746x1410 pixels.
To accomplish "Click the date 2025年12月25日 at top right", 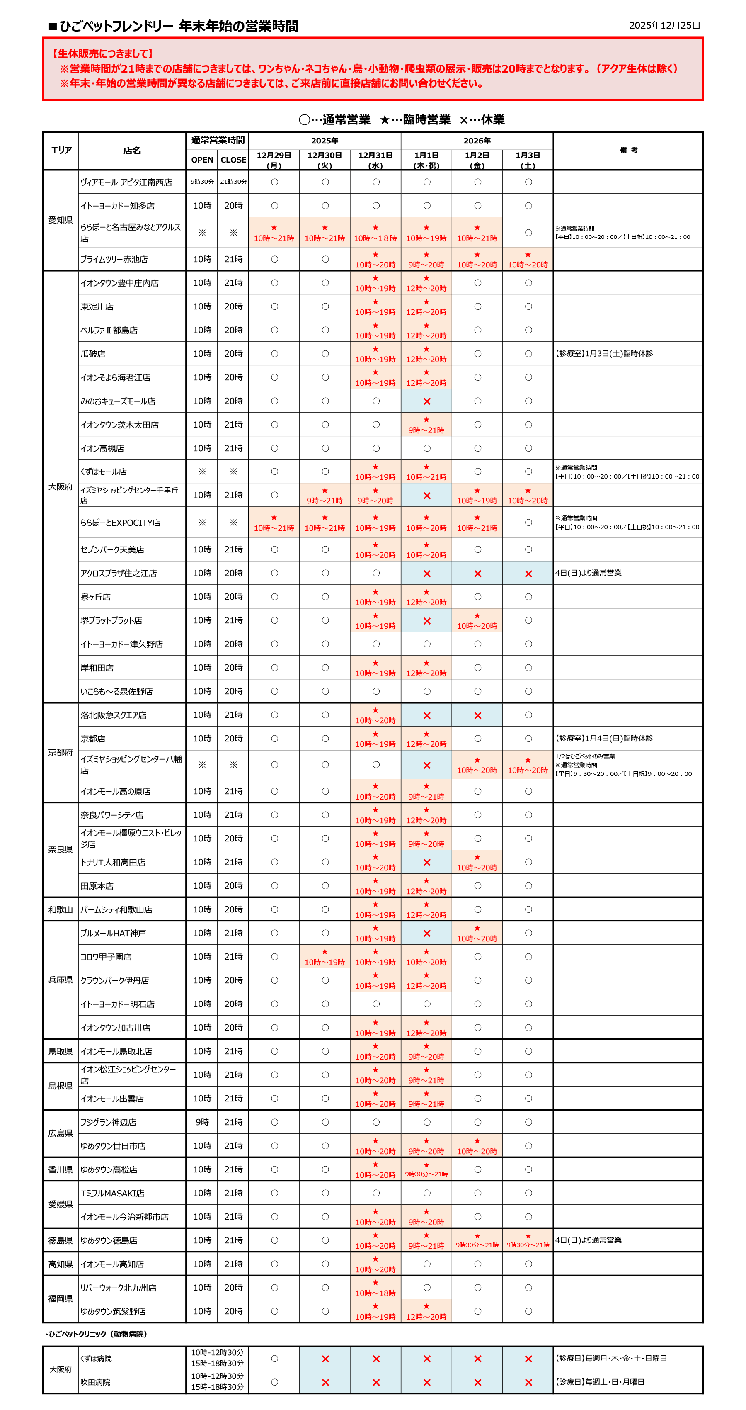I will tap(664, 25).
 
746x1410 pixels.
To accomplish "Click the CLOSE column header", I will tap(233, 160).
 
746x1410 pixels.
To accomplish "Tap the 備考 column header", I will tap(628, 151).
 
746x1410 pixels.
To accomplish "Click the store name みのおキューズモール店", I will tap(118, 401).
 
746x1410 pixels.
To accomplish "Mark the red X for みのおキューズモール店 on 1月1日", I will tap(426, 401).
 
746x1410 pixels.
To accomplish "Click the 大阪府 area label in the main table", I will tap(60, 486).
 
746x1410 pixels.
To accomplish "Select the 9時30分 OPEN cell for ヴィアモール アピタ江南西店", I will tap(202, 182).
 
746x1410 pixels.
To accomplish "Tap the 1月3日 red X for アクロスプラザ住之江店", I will tap(528, 574).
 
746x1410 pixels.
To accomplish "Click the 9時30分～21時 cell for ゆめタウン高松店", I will tap(426, 1174).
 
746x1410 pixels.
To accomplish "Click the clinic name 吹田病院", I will tap(95, 1382).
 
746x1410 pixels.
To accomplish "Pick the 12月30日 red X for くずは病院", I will tap(325, 1359).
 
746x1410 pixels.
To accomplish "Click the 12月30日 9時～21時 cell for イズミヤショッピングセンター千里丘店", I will tap(325, 500).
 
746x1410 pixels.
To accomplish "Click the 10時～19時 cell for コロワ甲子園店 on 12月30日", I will tap(325, 962).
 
